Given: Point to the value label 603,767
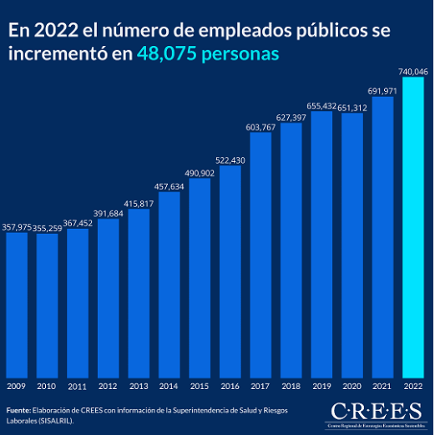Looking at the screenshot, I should point(260,127).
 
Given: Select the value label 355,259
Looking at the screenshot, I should point(48,227).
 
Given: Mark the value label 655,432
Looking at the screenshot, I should point(321,106).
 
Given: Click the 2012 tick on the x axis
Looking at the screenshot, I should point(108,386).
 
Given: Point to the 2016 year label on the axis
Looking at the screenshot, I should point(230,386).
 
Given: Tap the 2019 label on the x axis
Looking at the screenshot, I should point(321,386).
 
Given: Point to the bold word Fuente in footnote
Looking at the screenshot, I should point(18,411).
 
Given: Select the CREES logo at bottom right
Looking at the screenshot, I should point(376,413).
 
